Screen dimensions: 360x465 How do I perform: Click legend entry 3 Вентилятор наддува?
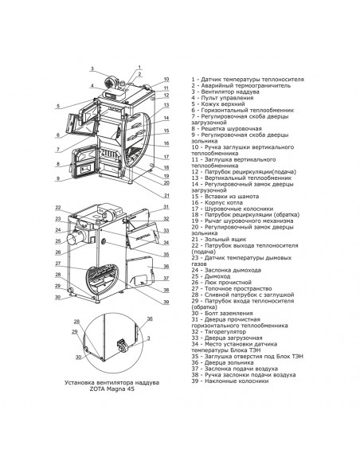(x=221, y=92)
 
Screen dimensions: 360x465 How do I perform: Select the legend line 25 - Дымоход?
(x=211, y=276)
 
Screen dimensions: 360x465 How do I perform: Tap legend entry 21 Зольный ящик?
(x=218, y=239)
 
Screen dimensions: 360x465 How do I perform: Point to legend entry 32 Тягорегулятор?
(x=218, y=331)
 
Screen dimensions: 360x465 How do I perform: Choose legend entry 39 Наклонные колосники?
(x=230, y=381)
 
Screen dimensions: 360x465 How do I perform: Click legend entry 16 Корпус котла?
(x=217, y=202)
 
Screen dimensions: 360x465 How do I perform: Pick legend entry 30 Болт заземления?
(x=221, y=313)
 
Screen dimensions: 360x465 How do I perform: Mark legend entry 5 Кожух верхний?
(x=218, y=104)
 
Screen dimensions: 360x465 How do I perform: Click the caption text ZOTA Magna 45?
(x=112, y=389)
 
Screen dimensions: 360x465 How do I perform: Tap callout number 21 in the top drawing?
(x=166, y=196)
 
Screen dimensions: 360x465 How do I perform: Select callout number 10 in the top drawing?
(x=166, y=79)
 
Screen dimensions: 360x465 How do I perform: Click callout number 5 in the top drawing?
(x=58, y=106)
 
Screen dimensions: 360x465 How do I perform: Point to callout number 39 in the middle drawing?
(x=166, y=302)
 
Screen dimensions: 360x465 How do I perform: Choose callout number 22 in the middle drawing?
(x=58, y=208)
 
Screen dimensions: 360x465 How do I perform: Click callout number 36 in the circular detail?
(x=150, y=318)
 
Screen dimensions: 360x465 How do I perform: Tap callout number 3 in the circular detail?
(x=149, y=338)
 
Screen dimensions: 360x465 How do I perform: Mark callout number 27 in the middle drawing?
(x=58, y=263)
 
